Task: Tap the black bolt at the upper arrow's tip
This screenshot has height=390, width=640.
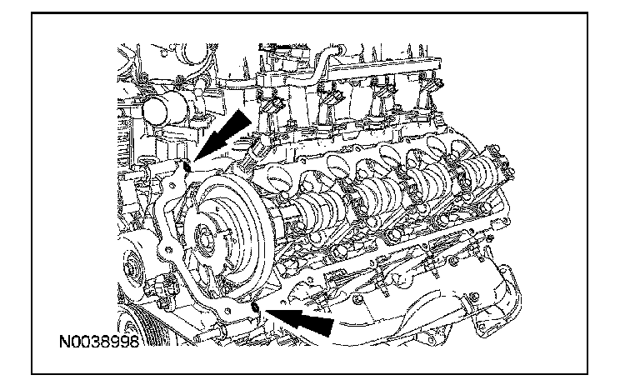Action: (x=187, y=165)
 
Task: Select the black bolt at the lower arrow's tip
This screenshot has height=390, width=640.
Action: (x=256, y=307)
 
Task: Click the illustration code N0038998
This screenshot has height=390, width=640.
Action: (x=99, y=342)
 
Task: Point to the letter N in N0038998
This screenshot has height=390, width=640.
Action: (x=64, y=342)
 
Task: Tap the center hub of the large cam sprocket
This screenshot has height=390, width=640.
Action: (x=204, y=238)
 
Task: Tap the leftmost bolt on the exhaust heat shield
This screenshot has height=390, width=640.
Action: (x=358, y=300)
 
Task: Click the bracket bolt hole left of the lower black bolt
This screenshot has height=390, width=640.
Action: (x=227, y=311)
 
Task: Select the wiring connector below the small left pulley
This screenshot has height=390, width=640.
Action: (x=162, y=287)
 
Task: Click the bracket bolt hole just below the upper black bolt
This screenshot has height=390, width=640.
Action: (x=174, y=186)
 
